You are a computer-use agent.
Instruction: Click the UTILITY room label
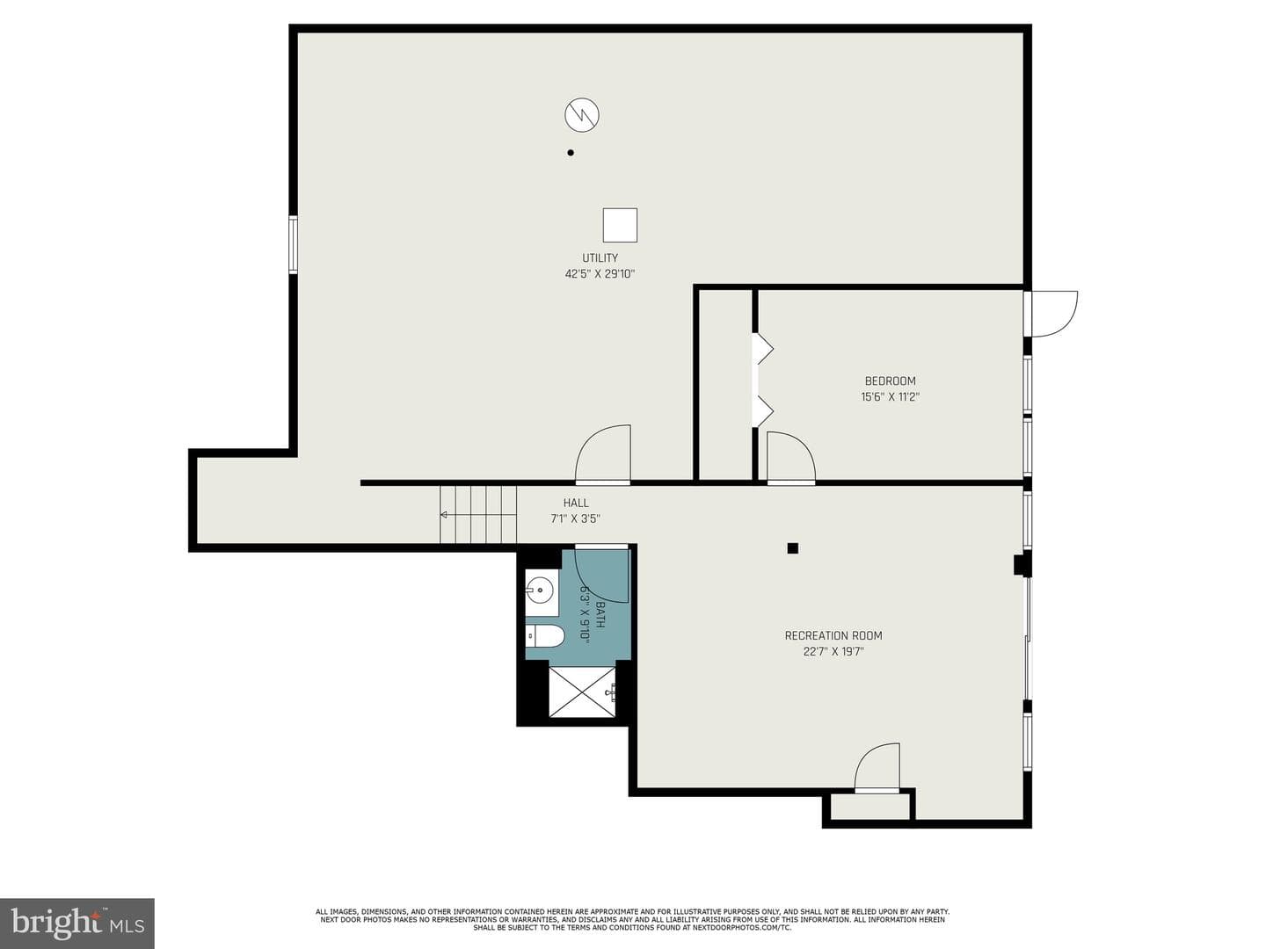point(600,257)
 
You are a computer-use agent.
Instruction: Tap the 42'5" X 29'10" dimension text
point(600,273)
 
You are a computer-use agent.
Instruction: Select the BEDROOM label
point(890,380)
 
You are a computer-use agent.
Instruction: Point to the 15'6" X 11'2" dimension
point(890,396)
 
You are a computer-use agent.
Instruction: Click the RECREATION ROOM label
point(833,635)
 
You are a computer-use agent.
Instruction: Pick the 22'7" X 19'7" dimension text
point(833,652)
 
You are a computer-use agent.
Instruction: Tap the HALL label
point(576,503)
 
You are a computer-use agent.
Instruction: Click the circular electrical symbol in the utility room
point(581,114)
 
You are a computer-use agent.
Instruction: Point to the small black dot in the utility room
point(571,153)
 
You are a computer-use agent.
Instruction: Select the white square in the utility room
point(620,225)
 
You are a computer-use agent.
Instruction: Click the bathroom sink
point(540,590)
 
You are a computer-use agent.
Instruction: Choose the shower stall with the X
point(583,692)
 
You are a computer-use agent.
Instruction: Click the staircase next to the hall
point(478,515)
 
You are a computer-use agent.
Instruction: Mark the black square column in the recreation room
point(792,548)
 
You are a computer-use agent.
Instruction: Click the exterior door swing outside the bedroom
point(1053,314)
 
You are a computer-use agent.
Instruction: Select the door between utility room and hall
point(603,454)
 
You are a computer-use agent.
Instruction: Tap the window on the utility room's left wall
point(293,244)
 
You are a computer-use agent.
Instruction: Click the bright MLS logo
point(77,923)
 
